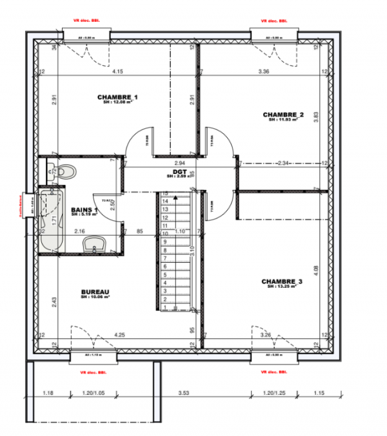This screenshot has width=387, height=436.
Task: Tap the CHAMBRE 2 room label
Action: click(x=283, y=115)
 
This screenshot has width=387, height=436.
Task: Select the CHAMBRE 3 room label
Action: click(x=282, y=281)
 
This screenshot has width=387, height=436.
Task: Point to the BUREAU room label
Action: click(x=95, y=291)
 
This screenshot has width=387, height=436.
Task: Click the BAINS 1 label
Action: click(x=84, y=210)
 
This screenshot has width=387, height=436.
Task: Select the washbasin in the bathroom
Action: click(x=97, y=243)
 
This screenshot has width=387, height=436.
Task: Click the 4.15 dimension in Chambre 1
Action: click(x=117, y=71)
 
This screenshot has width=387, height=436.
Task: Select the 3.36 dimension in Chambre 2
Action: click(x=263, y=71)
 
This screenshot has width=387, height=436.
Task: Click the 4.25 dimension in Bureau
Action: click(x=119, y=335)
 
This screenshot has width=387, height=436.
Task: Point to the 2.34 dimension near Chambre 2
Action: click(x=281, y=163)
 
